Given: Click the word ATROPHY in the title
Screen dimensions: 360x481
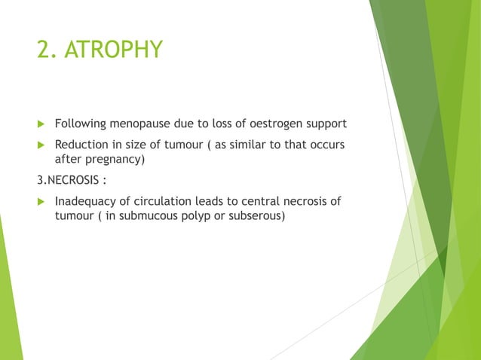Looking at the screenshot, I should pyautogui.click(x=114, y=50).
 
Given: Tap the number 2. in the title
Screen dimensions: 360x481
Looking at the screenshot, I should pyautogui.click(x=47, y=50).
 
